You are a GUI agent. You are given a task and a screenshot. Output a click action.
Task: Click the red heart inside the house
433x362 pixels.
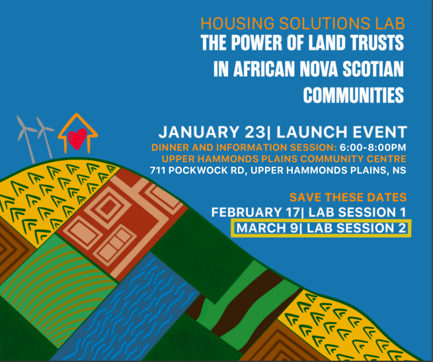(78, 139)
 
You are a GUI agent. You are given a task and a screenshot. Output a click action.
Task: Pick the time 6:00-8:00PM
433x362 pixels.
(373, 146)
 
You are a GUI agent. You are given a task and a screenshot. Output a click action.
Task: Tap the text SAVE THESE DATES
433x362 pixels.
(348, 198)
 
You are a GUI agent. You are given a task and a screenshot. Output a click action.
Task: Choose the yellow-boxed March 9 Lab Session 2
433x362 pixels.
(321, 228)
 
